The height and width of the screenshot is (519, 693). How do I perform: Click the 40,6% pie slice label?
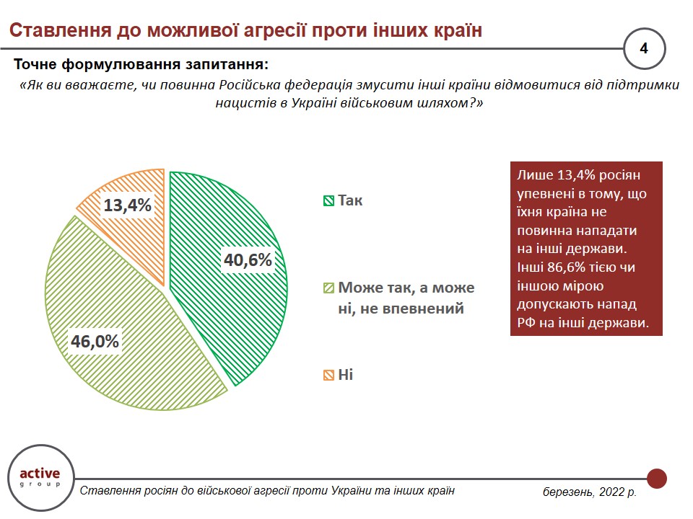coord(247,260)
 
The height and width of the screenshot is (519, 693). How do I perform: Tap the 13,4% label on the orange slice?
coord(127,205)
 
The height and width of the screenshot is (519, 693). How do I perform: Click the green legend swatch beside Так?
coord(328,200)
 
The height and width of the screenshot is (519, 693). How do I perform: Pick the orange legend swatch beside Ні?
coord(328,375)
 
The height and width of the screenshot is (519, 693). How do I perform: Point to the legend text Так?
coord(350,200)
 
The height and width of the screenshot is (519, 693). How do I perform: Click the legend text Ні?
coord(346,375)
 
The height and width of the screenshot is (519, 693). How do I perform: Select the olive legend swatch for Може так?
coord(328,288)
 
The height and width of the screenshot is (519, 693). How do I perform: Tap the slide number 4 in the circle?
coord(644,48)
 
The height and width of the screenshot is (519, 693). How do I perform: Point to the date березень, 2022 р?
coord(590,492)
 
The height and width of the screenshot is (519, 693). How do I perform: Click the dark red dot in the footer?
coord(656,478)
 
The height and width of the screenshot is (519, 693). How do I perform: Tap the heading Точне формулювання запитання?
coord(141,65)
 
